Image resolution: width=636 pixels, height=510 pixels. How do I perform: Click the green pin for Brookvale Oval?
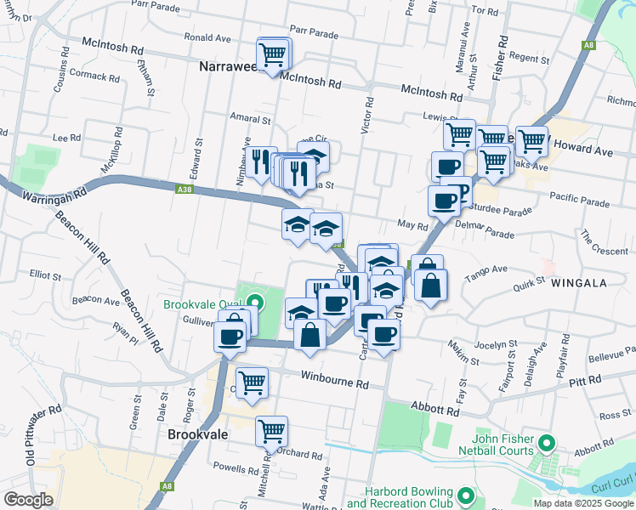click(256, 301)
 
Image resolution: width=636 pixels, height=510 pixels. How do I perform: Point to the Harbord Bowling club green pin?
click(465, 495)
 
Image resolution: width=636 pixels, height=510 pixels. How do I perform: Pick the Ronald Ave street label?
click(207, 38)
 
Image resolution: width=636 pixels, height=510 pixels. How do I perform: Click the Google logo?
click(28, 500)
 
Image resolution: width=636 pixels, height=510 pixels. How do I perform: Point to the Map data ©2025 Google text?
click(582, 503)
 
